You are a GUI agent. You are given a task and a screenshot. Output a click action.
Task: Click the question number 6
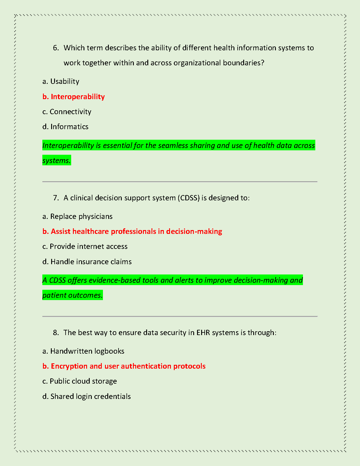click(x=56, y=48)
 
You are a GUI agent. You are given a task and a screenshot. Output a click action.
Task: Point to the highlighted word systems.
click(x=56, y=161)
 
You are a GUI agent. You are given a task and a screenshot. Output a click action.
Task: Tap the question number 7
click(x=56, y=198)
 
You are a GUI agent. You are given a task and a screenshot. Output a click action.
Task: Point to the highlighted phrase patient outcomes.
click(x=72, y=295)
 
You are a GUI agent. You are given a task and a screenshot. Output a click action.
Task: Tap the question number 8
click(x=56, y=333)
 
